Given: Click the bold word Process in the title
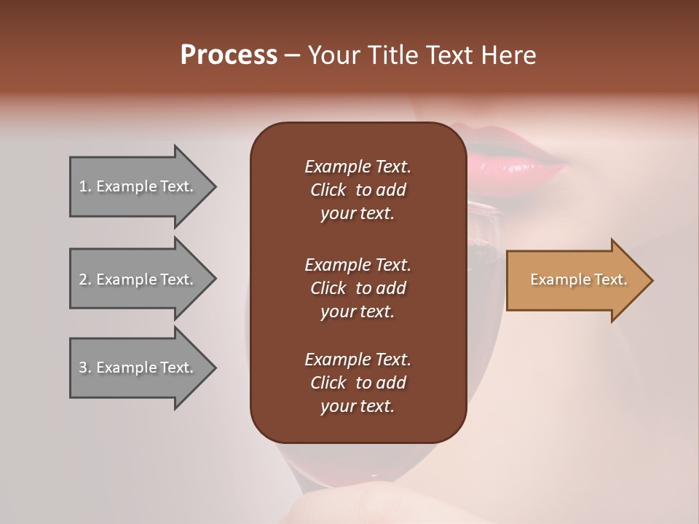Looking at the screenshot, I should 229,55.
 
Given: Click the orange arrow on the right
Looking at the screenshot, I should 575,280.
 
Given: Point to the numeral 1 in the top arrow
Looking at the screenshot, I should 83,186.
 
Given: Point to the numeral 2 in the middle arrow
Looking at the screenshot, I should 83,279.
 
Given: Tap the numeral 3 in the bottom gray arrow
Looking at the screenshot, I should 83,368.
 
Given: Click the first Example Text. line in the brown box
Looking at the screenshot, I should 358,167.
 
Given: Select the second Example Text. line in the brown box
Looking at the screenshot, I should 358,264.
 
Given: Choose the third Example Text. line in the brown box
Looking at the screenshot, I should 358,360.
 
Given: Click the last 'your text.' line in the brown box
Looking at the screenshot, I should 358,407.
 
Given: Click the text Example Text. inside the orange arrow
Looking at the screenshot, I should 578,279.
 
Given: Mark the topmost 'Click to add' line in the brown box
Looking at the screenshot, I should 358,190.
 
